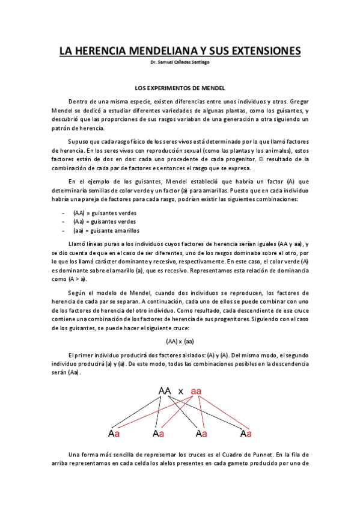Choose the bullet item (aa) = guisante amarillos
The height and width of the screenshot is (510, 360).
coord(106,230)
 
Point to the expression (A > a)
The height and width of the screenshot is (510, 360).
coord(77,279)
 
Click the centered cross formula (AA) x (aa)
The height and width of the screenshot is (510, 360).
coord(180,340)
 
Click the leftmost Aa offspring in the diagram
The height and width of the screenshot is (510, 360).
coord(114,433)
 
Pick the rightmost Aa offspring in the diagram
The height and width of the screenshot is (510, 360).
coord(245,433)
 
